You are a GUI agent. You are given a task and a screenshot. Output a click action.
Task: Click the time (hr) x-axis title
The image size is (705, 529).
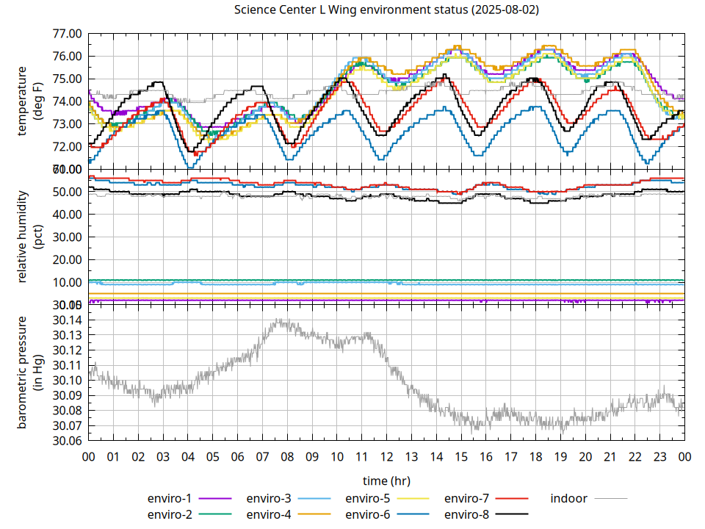[x=386, y=481]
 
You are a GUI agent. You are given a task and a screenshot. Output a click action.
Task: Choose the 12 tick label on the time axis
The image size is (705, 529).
[x=386, y=457]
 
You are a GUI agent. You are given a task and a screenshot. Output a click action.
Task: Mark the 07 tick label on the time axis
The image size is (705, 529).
[x=262, y=457]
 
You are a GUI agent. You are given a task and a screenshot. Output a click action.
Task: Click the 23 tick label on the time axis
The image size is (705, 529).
[x=659, y=457]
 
